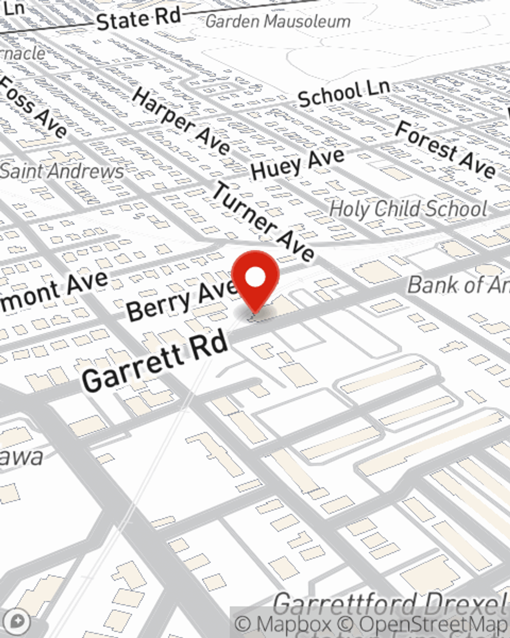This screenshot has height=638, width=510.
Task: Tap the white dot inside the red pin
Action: (x=255, y=277)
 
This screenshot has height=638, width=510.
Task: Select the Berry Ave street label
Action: (x=181, y=301)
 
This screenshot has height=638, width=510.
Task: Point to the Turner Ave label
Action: (x=263, y=222)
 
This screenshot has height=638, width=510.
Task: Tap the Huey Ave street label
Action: (x=298, y=163)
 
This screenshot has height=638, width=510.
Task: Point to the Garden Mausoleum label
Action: (x=278, y=21)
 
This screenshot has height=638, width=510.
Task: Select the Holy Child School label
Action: (x=408, y=209)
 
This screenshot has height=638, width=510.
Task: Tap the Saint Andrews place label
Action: (x=62, y=171)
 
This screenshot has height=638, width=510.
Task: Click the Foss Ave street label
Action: (x=33, y=107)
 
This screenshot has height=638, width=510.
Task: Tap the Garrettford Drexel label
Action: (x=390, y=605)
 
